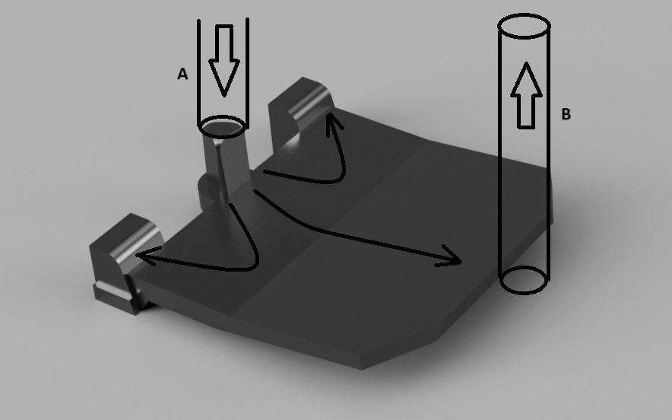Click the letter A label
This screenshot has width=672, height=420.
click(x=182, y=74)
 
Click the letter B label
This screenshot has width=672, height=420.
click(x=566, y=114)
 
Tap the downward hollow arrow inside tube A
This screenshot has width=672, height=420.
click(x=223, y=60)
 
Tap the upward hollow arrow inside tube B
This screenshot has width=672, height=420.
click(x=526, y=95)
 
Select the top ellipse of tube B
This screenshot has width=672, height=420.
click(x=524, y=14)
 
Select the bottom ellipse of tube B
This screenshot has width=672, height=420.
click(x=524, y=294)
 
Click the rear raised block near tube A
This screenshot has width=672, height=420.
click(x=300, y=112)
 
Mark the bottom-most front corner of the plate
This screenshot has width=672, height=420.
click(x=362, y=369)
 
